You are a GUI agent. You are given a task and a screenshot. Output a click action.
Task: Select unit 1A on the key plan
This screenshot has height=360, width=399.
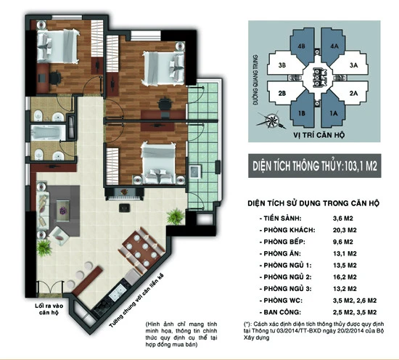[x=335, y=113]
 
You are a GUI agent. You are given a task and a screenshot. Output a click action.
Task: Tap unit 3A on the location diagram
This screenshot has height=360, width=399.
[x=354, y=65]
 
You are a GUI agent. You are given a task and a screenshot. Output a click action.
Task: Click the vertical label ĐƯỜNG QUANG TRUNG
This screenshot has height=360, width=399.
[x=255, y=84]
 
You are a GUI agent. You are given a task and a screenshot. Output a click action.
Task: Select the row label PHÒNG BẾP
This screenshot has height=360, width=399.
[x=282, y=242]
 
